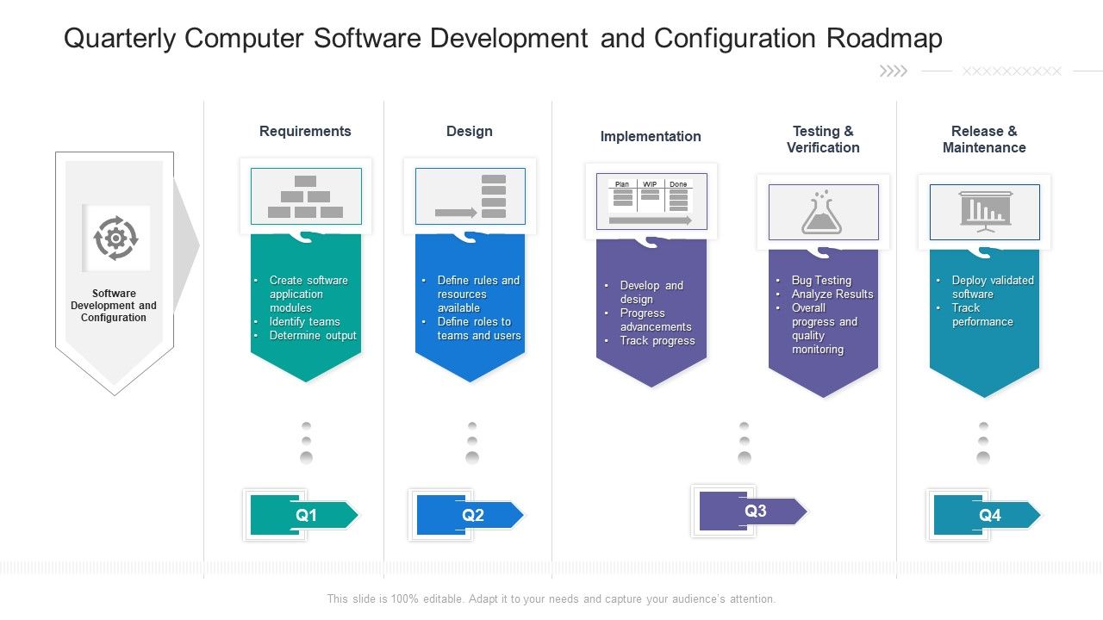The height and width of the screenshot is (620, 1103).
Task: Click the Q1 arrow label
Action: (x=305, y=515)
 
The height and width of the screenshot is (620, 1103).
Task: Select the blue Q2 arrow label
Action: (x=471, y=515)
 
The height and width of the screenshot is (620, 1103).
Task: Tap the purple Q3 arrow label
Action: (x=754, y=511)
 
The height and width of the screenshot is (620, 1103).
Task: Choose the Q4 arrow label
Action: (x=988, y=515)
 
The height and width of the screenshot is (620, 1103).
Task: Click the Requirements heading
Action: (x=305, y=131)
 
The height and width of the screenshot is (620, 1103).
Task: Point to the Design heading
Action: (x=470, y=131)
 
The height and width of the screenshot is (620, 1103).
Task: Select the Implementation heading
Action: (x=651, y=136)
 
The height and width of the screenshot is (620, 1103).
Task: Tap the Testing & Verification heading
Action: (x=823, y=139)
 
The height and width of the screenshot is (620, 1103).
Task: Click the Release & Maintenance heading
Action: (x=984, y=139)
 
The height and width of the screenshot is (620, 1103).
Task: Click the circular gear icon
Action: (x=115, y=238)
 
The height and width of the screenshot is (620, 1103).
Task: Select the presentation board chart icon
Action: (x=985, y=212)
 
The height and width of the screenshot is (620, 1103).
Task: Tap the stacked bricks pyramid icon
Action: (x=305, y=196)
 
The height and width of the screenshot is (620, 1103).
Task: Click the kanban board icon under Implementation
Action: (x=651, y=201)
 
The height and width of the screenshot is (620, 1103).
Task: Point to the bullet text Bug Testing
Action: (x=821, y=280)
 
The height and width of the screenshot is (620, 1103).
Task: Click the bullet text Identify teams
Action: (x=304, y=321)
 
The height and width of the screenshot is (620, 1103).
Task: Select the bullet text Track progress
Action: (x=657, y=340)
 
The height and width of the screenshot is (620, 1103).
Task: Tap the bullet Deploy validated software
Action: (x=991, y=287)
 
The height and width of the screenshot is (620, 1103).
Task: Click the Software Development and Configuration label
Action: (x=114, y=305)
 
